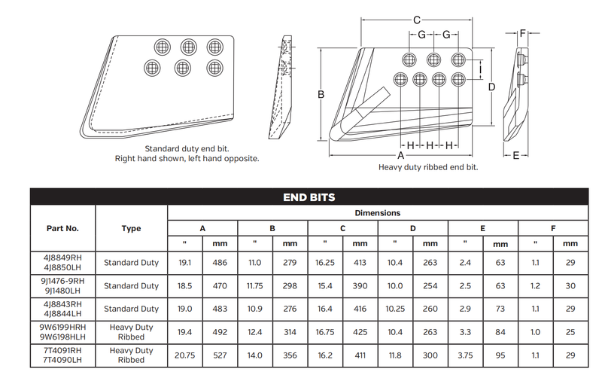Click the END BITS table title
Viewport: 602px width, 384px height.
[309, 197]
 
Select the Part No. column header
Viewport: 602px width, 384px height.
[62, 228]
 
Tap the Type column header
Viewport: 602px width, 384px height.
[131, 228]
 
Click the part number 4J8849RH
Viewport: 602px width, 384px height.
[62, 258]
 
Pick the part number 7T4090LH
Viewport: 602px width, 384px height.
[62, 361]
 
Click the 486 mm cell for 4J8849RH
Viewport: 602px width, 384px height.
[219, 263]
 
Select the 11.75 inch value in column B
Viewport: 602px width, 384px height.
[255, 286]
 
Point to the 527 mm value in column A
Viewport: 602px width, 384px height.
[219, 355]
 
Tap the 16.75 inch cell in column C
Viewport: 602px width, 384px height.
[325, 332]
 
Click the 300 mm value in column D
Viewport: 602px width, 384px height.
[430, 355]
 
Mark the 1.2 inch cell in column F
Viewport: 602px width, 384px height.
[535, 286]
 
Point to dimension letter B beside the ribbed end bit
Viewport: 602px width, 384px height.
[321, 94]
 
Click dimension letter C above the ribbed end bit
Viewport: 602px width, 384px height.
[417, 20]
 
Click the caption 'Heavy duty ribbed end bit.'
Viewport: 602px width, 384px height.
[428, 167]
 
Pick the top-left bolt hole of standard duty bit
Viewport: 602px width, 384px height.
[160, 46]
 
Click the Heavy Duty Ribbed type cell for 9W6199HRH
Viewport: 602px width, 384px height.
[131, 332]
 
